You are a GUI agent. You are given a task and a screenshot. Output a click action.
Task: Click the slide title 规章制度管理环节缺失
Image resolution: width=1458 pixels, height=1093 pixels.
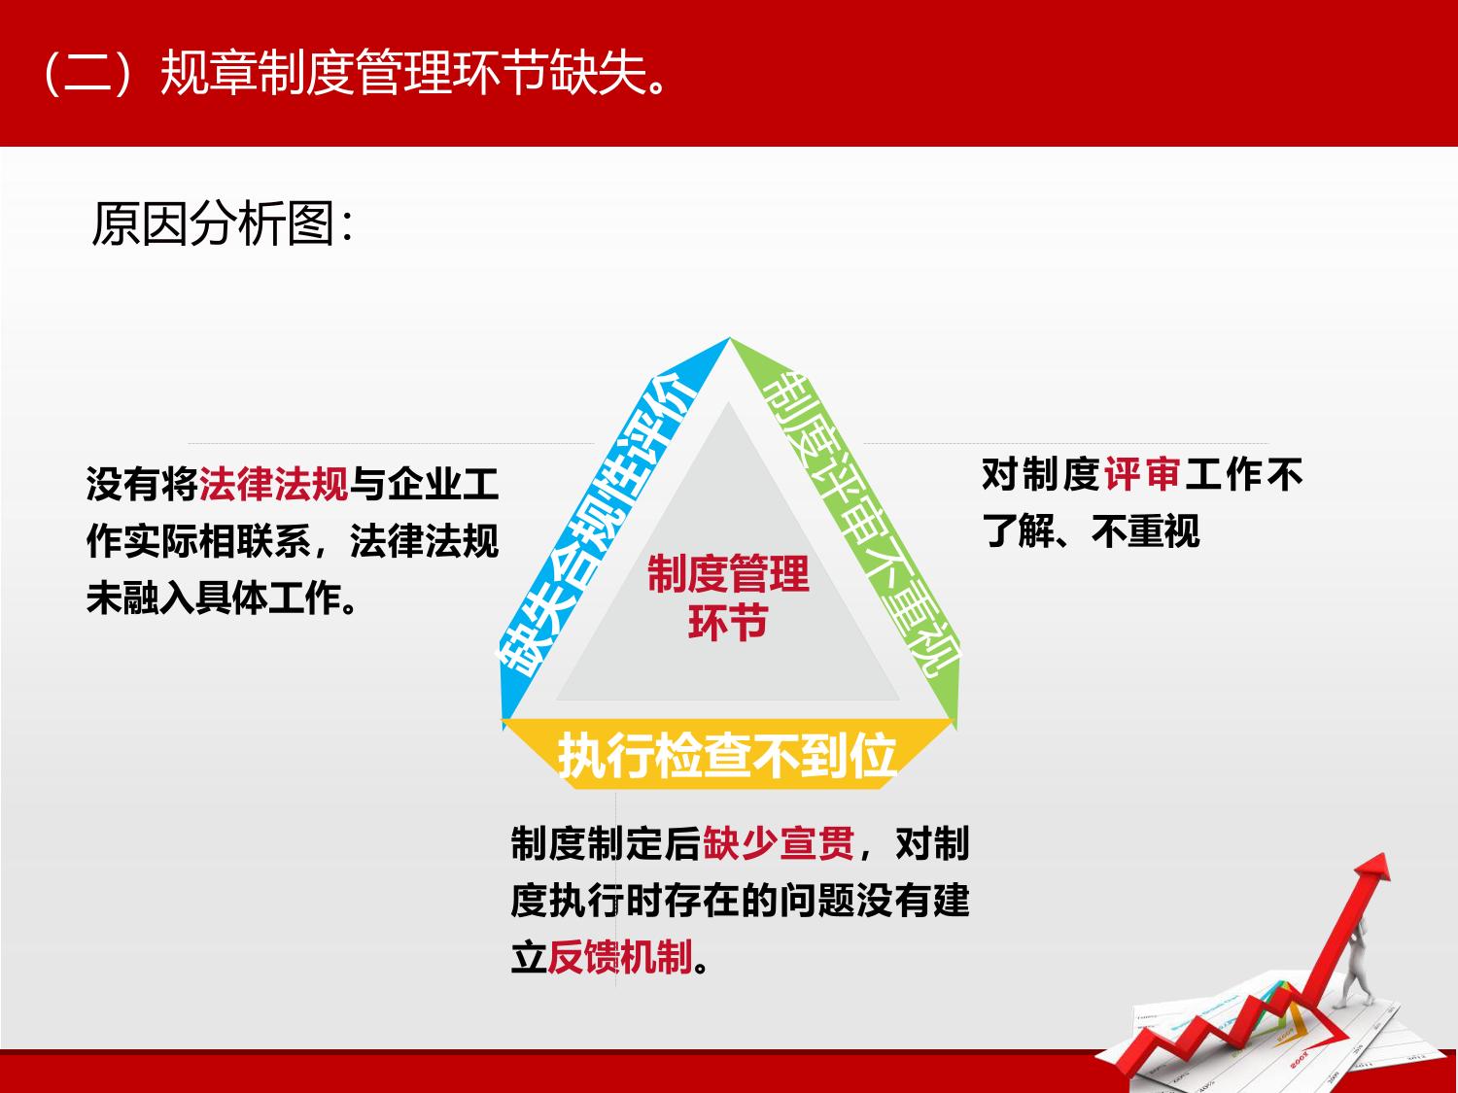(413, 73)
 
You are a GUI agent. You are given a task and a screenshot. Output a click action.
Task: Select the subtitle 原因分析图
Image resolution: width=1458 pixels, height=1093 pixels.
(213, 223)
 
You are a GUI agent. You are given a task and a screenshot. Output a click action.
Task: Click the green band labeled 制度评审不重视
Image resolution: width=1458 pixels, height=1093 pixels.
(857, 525)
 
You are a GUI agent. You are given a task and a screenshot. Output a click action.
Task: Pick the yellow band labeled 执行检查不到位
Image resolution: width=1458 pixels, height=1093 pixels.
(727, 755)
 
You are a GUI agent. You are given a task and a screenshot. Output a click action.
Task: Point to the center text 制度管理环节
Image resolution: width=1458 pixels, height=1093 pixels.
(728, 598)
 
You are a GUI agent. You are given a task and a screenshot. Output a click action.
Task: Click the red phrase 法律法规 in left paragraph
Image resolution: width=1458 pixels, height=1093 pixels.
(274, 483)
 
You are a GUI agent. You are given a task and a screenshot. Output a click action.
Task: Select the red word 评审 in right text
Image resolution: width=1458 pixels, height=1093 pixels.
(1142, 474)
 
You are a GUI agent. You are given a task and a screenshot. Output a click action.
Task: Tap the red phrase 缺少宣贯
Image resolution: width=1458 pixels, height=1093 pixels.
(779, 843)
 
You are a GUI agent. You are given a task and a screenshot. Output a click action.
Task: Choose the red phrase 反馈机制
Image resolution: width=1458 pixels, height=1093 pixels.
(620, 956)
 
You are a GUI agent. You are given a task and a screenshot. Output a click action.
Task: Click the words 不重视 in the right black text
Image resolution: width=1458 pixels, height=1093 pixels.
(1146, 530)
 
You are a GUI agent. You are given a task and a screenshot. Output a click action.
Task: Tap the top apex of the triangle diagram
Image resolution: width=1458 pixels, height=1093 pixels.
(729, 338)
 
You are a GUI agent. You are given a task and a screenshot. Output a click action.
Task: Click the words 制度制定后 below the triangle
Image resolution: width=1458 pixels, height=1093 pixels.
(606, 843)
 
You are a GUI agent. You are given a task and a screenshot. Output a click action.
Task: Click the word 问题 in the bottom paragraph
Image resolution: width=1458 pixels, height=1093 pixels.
(817, 900)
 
